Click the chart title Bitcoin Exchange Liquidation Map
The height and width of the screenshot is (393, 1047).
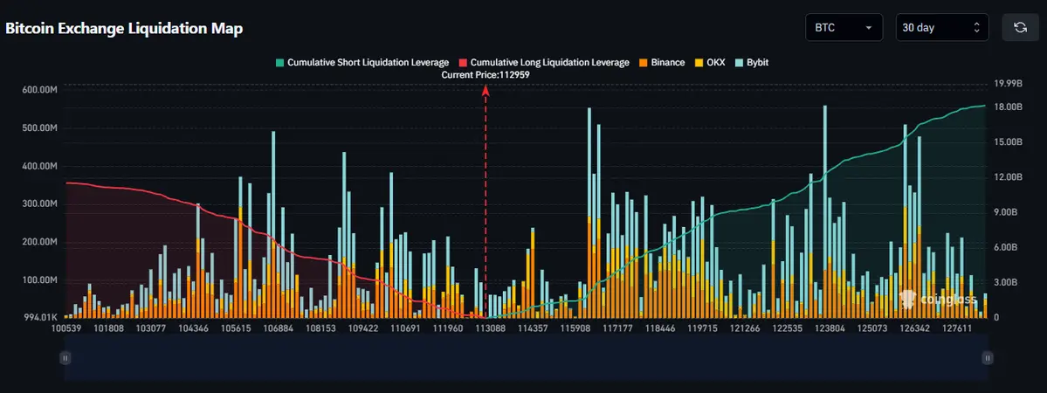coord(124,28)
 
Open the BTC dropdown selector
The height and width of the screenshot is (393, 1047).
coord(843,27)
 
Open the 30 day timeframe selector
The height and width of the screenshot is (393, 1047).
coord(942,27)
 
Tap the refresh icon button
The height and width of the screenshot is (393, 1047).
coord(1019,27)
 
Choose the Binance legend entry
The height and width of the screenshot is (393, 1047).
coord(661,63)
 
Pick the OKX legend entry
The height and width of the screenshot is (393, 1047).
coord(711,63)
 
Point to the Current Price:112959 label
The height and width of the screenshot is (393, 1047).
coord(486,75)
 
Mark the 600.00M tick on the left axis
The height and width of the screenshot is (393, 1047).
coord(39,90)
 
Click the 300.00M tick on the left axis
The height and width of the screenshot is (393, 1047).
coord(39,203)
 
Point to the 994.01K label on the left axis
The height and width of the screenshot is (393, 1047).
coord(39,317)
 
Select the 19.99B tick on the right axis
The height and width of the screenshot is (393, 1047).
coord(1009,84)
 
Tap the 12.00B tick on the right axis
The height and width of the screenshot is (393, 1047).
coord(1009,177)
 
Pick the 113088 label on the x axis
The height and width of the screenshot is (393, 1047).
coord(490,329)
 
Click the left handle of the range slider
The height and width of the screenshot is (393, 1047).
coord(65,357)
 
